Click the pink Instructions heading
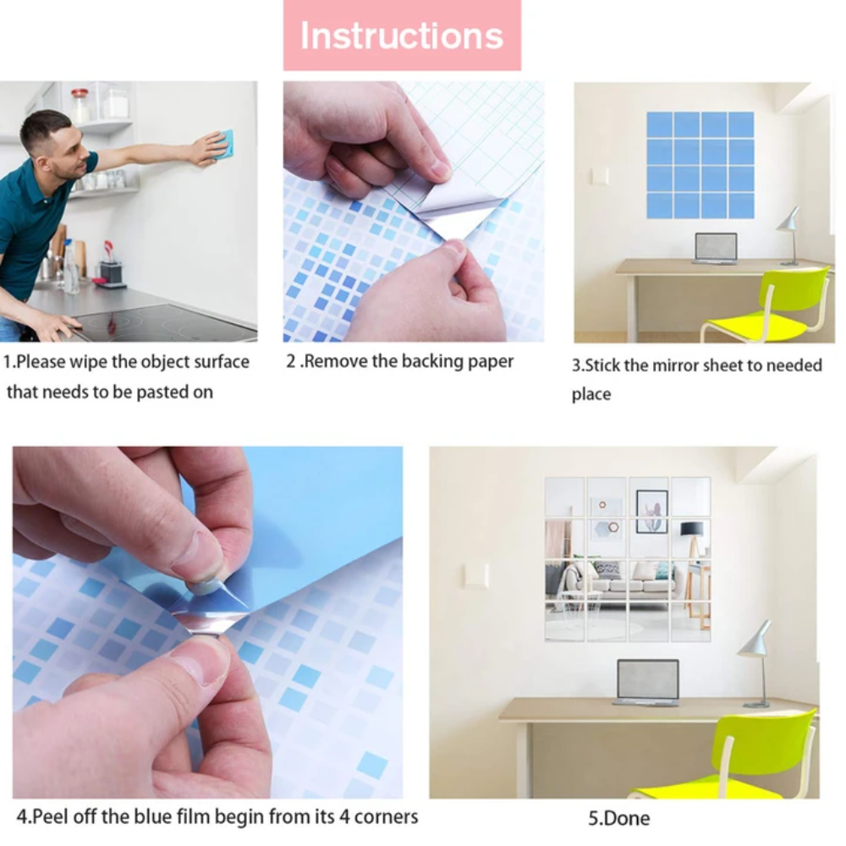tap(401, 36)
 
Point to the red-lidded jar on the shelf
tap(80, 105)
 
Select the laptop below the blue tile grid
tap(716, 249)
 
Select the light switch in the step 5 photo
tap(477, 575)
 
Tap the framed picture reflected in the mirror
tap(651, 511)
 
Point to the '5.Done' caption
tap(619, 818)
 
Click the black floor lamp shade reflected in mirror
tap(691, 528)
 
